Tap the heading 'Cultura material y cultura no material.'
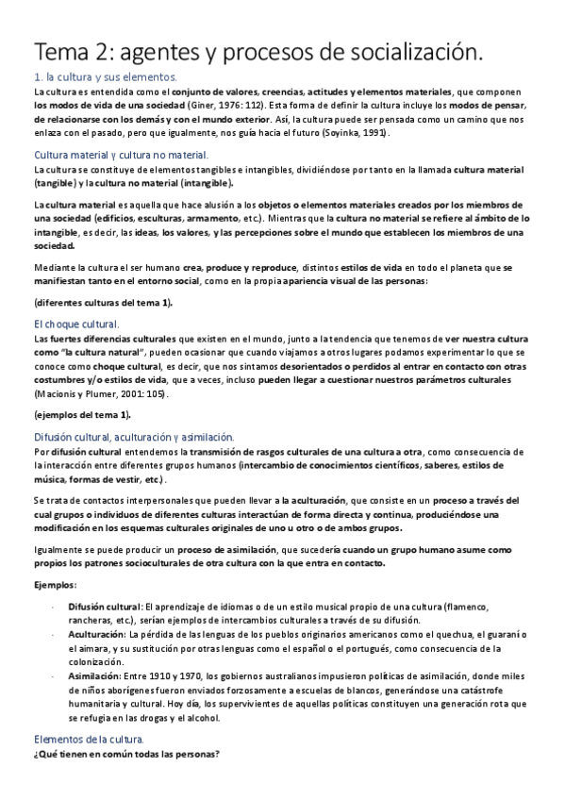click(122, 154)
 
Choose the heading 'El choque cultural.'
click(76, 323)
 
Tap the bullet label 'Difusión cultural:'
click(104, 605)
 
